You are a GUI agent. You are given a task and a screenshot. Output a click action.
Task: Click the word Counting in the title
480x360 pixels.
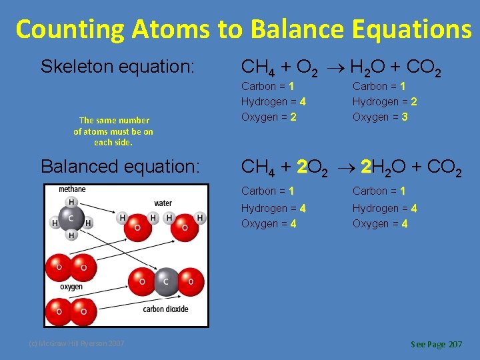point(71,29)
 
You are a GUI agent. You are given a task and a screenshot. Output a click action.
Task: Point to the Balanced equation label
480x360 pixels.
point(120,167)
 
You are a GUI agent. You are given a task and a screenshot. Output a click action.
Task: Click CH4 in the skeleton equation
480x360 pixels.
point(255,67)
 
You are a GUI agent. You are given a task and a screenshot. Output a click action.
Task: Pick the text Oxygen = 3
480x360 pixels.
point(380,117)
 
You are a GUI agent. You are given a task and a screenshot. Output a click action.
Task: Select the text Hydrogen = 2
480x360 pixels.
point(385,101)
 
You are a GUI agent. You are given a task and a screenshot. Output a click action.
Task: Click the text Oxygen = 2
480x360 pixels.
point(269,117)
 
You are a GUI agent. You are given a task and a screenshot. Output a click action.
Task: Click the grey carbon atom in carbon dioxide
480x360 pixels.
point(167,281)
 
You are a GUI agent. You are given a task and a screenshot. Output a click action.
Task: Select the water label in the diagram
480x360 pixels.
point(163,203)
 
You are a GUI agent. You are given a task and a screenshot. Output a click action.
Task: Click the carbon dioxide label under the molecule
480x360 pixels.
point(165,309)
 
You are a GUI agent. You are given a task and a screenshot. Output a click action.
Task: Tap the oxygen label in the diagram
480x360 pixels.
point(71,287)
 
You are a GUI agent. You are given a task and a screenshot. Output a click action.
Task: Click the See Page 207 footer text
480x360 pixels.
point(436,345)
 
